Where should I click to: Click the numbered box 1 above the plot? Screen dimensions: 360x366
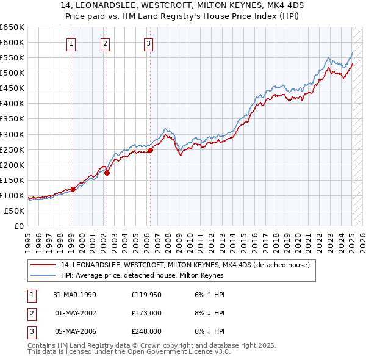pyautogui.click(x=72, y=43)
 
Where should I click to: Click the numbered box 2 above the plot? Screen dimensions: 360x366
pyautogui.click(x=106, y=43)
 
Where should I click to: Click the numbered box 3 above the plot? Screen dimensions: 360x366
pyautogui.click(x=149, y=43)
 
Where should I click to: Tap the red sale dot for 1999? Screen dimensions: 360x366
pyautogui.click(x=73, y=189)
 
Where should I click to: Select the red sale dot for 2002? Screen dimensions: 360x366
pyautogui.click(x=107, y=173)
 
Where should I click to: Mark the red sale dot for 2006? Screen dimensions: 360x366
pyautogui.click(x=150, y=150)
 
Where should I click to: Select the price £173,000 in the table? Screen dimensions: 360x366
pyautogui.click(x=146, y=313)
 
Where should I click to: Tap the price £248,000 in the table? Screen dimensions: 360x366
pyautogui.click(x=146, y=331)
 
